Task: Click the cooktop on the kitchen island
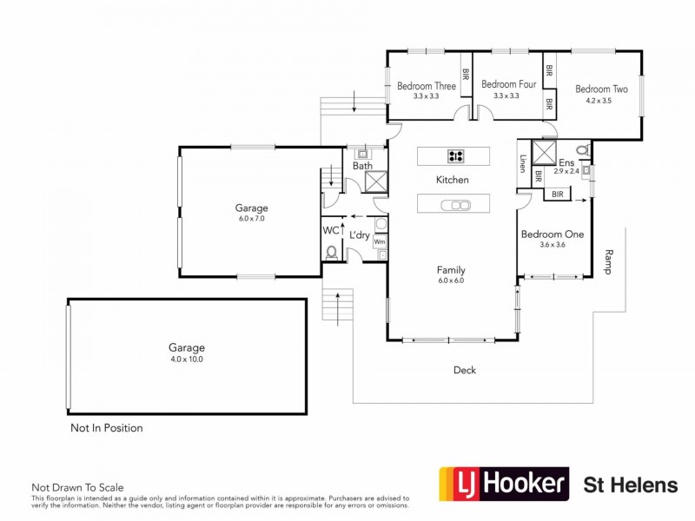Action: (x=455, y=156)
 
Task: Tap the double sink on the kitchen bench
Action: (x=455, y=205)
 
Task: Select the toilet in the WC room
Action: (x=332, y=252)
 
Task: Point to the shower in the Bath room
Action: (x=376, y=181)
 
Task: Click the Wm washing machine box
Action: (x=380, y=241)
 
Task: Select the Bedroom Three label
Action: (x=427, y=85)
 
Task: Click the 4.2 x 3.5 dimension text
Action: (x=599, y=101)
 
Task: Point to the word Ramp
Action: (x=608, y=261)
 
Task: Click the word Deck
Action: (x=465, y=371)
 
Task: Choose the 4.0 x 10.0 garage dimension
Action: (x=187, y=359)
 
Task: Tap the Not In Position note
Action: (x=106, y=428)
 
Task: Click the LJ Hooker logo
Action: (x=504, y=484)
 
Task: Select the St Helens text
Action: (x=630, y=485)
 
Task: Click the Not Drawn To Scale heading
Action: (x=77, y=488)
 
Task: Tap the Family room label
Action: (x=452, y=270)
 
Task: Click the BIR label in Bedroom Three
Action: (x=466, y=76)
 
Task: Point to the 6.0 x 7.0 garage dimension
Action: (x=251, y=219)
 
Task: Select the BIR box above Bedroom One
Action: (x=557, y=195)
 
